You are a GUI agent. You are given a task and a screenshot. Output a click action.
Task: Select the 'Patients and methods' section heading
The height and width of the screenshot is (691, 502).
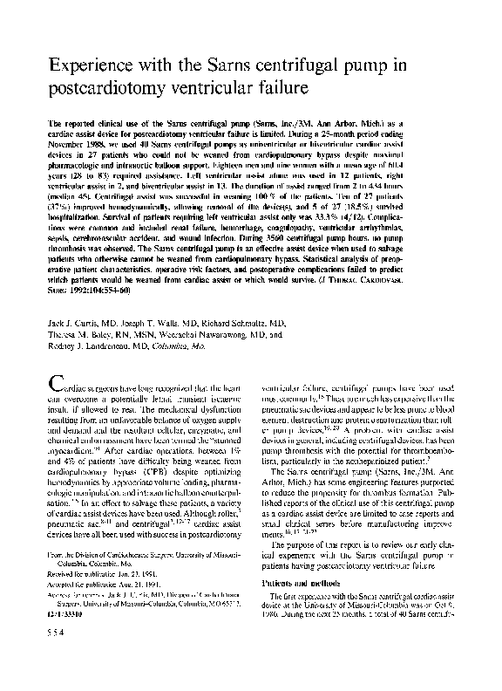click(x=297, y=605)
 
